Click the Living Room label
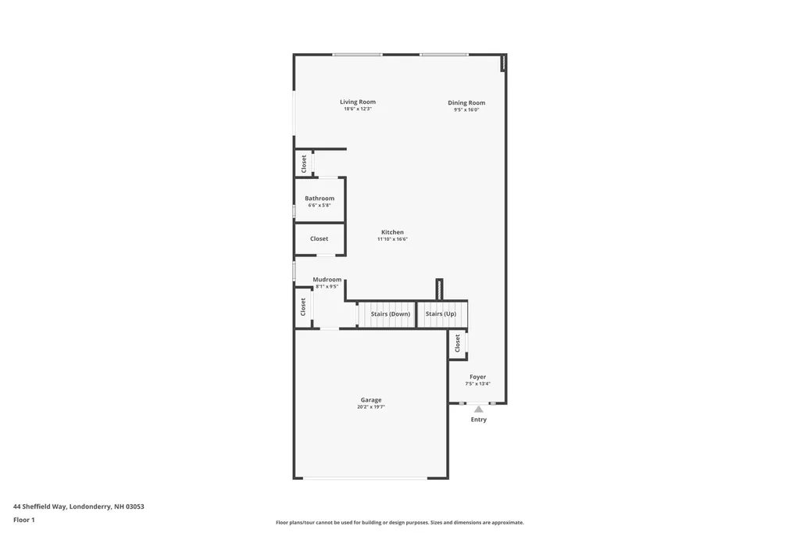tap(357, 102)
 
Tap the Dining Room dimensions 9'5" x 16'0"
tap(466, 110)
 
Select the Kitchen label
tap(392, 232)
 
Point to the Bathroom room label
tap(320, 199)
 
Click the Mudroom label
tap(327, 279)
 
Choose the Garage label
tap(371, 400)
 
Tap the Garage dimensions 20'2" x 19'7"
tap(371, 407)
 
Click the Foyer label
tap(477, 377)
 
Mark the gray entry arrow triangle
tap(478, 409)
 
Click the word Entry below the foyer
tap(478, 420)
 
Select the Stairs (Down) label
tap(391, 313)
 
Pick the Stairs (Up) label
tap(441, 313)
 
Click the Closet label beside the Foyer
tap(458, 343)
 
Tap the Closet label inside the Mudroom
tap(303, 307)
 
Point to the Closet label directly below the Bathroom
tap(319, 238)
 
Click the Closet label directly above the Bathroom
tap(304, 163)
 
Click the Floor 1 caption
tap(24, 520)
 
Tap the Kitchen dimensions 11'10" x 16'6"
tap(392, 239)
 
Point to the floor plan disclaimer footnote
tap(399, 522)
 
